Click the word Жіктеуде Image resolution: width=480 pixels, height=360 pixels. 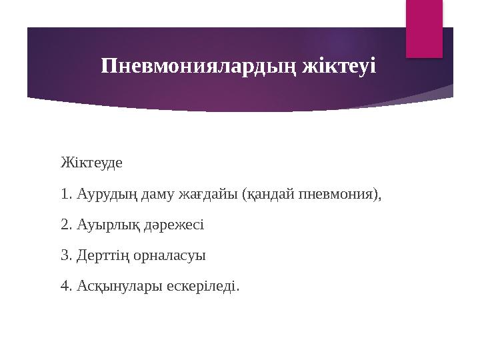[x=87, y=163]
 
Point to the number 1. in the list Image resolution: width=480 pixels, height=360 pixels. [x=65, y=194]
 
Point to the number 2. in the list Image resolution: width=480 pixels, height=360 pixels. [x=65, y=225]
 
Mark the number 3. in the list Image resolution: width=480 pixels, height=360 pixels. [x=65, y=255]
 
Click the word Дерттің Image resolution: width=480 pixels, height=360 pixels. [x=103, y=255]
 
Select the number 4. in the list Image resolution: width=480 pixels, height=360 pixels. [x=65, y=287]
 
